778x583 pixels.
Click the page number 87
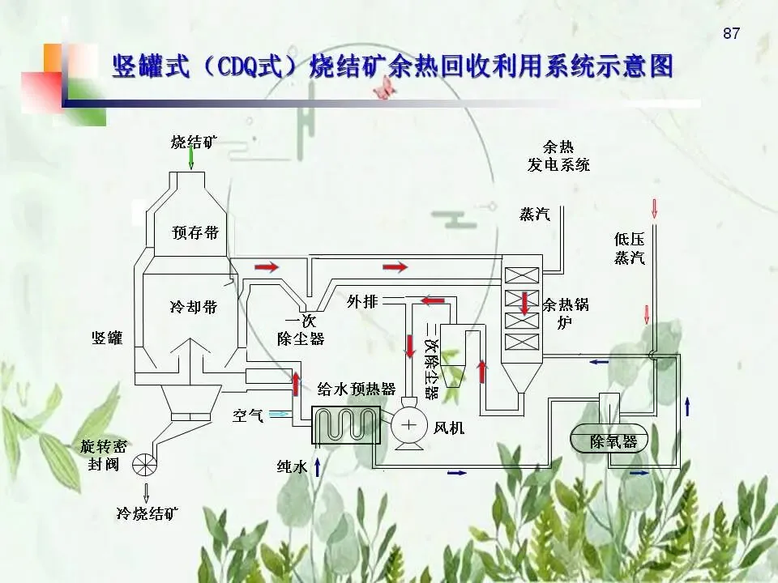click(731, 33)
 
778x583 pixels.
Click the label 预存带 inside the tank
click(195, 233)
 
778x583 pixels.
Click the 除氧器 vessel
click(613, 441)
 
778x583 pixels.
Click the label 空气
click(248, 415)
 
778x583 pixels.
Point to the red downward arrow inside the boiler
click(524, 302)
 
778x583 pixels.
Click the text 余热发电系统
click(558, 156)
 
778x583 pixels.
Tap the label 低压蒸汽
click(630, 249)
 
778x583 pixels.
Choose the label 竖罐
click(106, 338)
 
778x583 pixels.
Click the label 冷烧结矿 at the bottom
click(147, 513)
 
